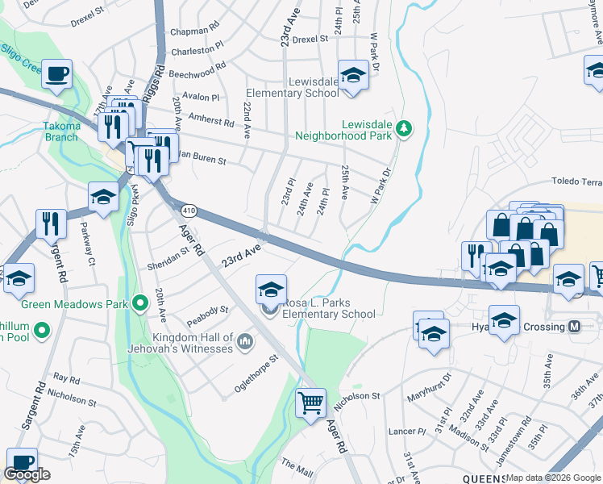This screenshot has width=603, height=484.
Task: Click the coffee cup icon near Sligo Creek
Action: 56,75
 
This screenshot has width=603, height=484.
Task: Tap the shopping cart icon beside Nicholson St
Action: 310,402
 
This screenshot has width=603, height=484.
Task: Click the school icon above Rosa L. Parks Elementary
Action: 272,289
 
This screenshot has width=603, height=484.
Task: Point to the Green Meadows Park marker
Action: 140,304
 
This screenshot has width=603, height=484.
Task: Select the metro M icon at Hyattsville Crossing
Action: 575,327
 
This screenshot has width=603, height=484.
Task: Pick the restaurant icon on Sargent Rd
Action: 51,223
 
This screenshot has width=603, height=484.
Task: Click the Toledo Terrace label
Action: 576,182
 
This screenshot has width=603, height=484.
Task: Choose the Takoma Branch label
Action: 62,131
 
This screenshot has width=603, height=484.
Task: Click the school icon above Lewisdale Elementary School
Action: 352,75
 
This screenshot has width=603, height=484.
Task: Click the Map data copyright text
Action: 553,478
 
